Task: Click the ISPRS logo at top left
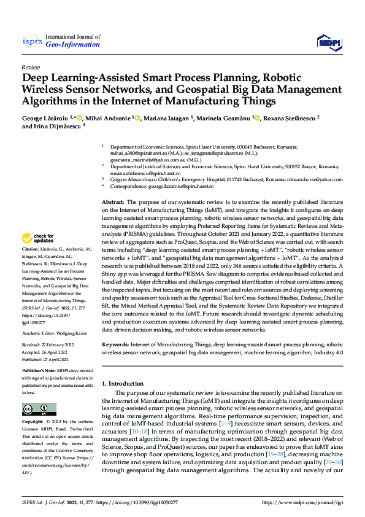31,41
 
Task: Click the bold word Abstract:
113,202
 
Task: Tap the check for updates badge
37,238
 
